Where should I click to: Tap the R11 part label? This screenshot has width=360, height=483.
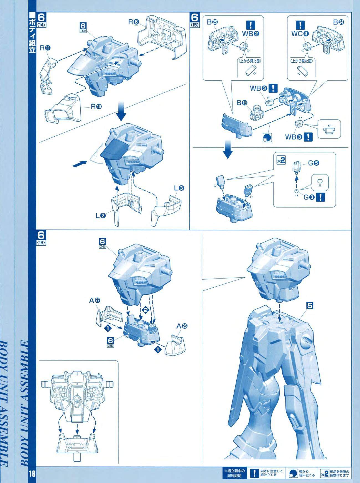45,48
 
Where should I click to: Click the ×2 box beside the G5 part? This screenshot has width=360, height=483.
281,161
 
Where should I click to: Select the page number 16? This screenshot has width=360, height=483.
30,474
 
